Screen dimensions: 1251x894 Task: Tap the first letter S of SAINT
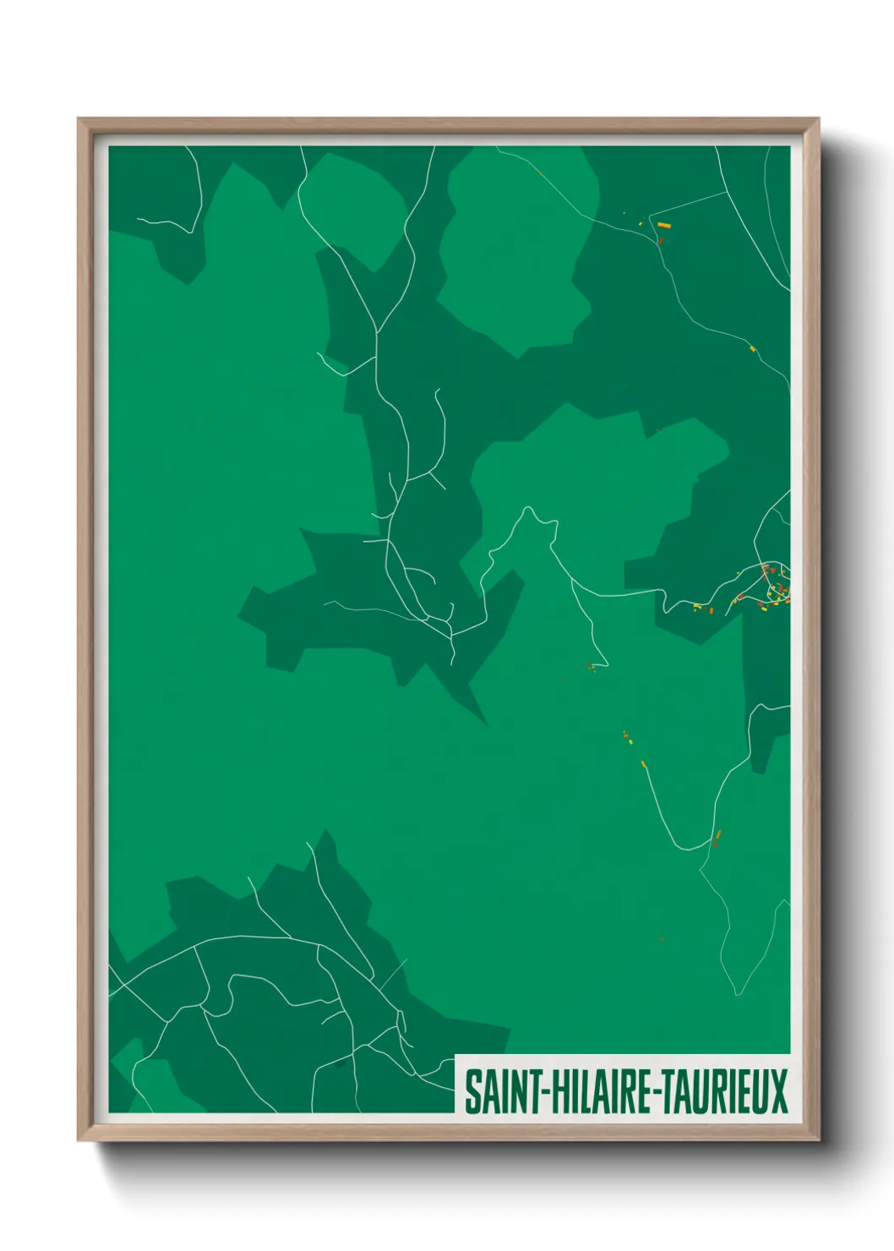(x=473, y=1092)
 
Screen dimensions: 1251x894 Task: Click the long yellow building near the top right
(x=664, y=226)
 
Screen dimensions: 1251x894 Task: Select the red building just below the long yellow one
(x=661, y=240)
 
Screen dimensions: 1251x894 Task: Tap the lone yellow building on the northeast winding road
(x=752, y=347)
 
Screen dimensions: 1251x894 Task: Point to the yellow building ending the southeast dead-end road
(x=644, y=765)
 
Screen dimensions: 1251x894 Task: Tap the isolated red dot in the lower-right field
(x=662, y=938)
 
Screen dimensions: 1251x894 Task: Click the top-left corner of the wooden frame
(x=79, y=119)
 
